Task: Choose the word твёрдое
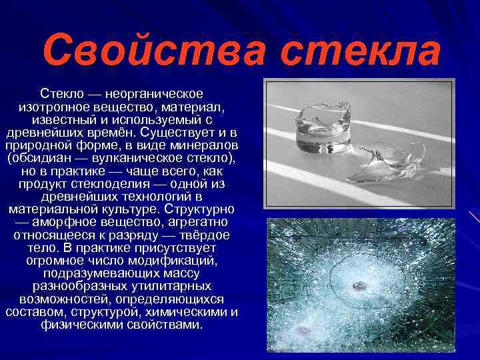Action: coord(201,235)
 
